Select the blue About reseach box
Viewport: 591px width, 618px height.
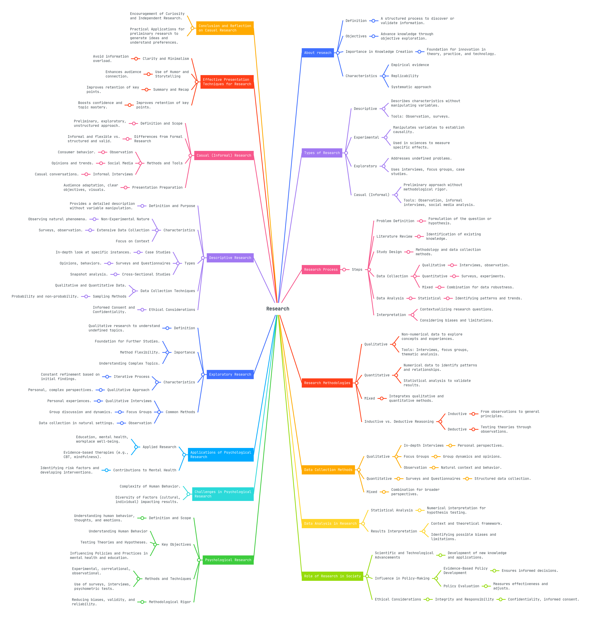click(318, 53)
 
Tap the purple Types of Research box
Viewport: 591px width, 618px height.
click(322, 153)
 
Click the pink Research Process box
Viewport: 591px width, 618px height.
click(321, 269)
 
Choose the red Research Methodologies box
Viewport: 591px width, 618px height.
click(327, 383)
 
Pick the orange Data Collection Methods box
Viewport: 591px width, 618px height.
click(328, 470)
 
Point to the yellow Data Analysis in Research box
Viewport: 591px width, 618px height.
click(330, 524)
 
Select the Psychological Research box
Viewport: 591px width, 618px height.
click(228, 560)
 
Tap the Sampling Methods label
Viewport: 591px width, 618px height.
click(109, 296)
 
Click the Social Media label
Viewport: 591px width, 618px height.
click(120, 163)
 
